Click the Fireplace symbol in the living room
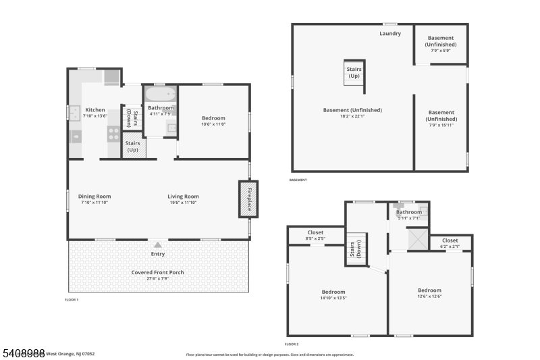coord(248,199)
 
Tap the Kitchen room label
coord(95,110)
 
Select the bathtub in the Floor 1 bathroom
coord(161,94)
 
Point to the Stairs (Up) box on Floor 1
coord(134,146)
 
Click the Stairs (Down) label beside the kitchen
coord(128,118)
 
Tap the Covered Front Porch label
coord(158,272)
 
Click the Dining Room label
coord(94,197)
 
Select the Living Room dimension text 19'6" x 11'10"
coord(184,203)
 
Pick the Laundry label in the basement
coord(390,34)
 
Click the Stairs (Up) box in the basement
coord(354,72)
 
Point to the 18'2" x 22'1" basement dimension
coord(352,116)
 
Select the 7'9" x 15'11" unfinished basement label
coord(441,125)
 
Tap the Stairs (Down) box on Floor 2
coord(356,249)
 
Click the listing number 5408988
coord(23,353)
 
